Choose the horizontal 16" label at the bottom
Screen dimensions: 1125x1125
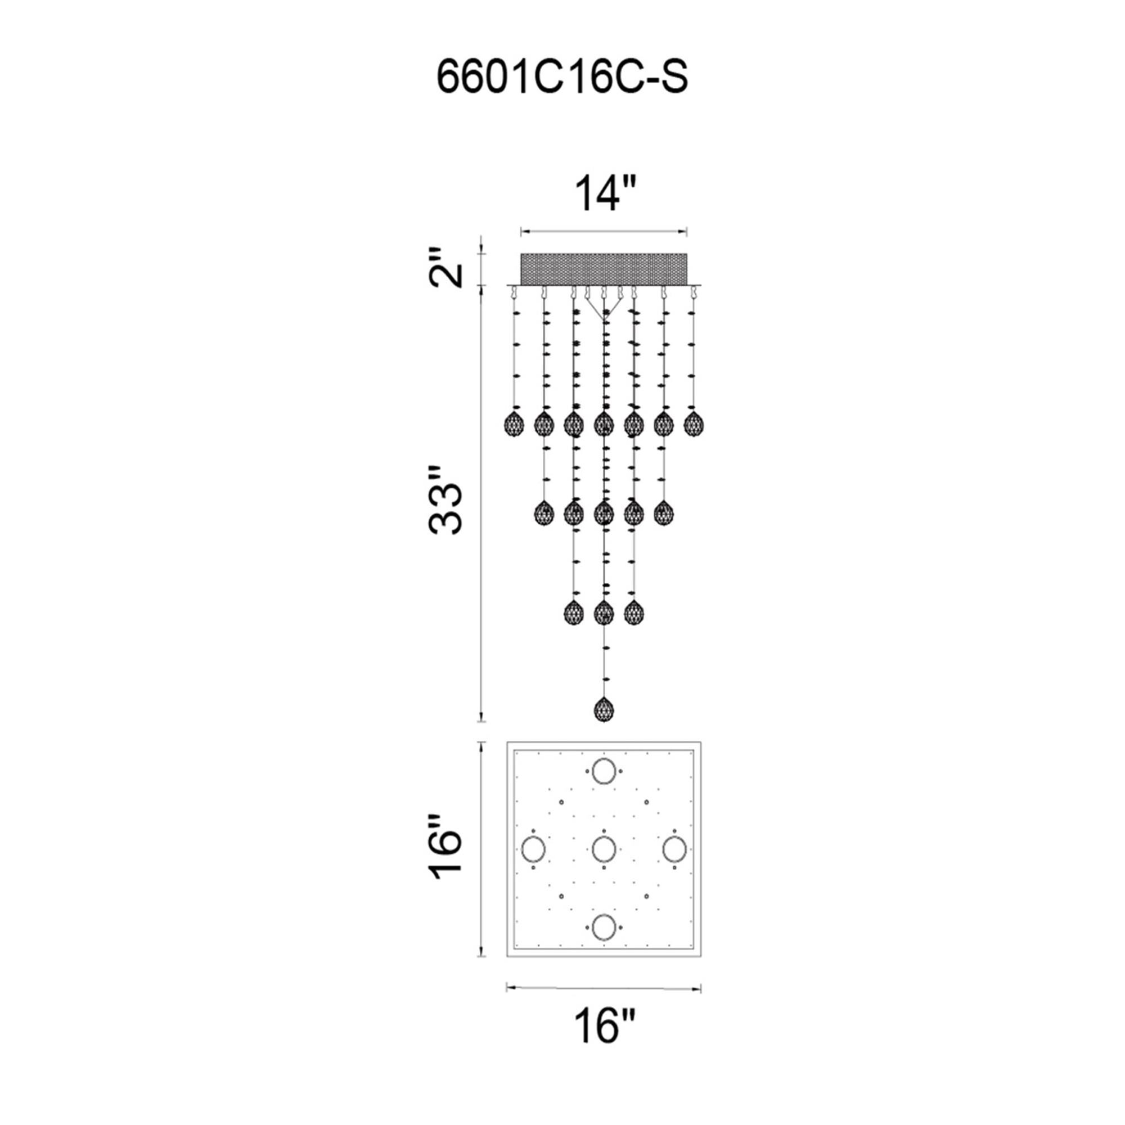pyautogui.click(x=604, y=1025)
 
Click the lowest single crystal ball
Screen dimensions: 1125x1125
pyautogui.click(x=604, y=709)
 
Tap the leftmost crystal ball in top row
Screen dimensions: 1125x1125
pyautogui.click(x=513, y=424)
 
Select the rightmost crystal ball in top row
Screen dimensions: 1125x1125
pyautogui.click(x=694, y=424)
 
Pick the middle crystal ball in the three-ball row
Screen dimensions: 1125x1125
pyautogui.click(x=604, y=612)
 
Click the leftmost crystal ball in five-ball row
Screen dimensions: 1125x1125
pyautogui.click(x=544, y=513)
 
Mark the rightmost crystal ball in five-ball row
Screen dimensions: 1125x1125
pyautogui.click(x=663, y=513)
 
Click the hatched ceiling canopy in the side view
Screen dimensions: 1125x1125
pyautogui.click(x=604, y=269)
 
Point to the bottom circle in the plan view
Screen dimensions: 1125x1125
pyautogui.click(x=604, y=926)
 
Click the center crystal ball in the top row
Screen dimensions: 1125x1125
pyautogui.click(x=604, y=424)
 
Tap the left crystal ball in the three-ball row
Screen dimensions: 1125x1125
pyautogui.click(x=574, y=612)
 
